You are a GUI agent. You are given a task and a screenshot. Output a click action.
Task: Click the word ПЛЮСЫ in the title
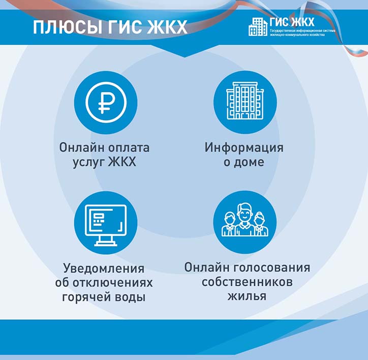click(68, 27)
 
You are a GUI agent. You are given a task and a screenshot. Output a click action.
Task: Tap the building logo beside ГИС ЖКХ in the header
click(258, 27)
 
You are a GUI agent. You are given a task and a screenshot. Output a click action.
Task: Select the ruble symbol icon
click(106, 102)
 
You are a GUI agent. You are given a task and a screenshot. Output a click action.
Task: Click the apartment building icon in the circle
click(245, 101)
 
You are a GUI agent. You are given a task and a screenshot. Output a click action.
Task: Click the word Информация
click(244, 147)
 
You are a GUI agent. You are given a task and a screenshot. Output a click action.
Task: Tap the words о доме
click(244, 162)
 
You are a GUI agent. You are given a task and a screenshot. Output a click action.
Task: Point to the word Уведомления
click(104, 268)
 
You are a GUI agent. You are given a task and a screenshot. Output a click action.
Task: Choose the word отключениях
click(113, 283)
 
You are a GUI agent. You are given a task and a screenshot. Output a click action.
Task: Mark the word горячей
click(86, 297)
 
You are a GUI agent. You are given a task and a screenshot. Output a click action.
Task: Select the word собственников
click(247, 282)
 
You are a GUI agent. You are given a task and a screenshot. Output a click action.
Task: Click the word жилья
click(247, 296)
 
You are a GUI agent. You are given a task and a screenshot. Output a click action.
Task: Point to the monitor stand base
click(106, 245)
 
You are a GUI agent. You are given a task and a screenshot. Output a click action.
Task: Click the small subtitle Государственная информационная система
click(302, 31)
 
